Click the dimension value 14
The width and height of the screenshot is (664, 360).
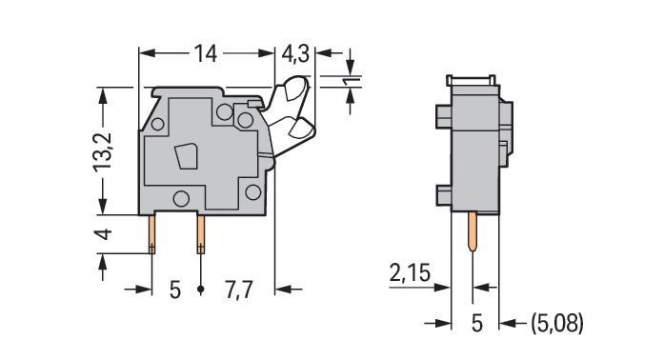206,53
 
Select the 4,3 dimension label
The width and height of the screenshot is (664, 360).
295,54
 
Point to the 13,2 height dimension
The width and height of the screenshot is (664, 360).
103,152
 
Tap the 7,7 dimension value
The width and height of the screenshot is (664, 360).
239,290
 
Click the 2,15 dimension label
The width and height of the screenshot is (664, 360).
410,272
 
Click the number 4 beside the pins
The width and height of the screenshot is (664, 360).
104,234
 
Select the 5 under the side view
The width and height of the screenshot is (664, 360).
477,324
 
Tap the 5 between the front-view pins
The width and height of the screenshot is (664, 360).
175,290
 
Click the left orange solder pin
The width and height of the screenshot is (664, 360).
151,234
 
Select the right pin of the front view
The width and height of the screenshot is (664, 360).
201,234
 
